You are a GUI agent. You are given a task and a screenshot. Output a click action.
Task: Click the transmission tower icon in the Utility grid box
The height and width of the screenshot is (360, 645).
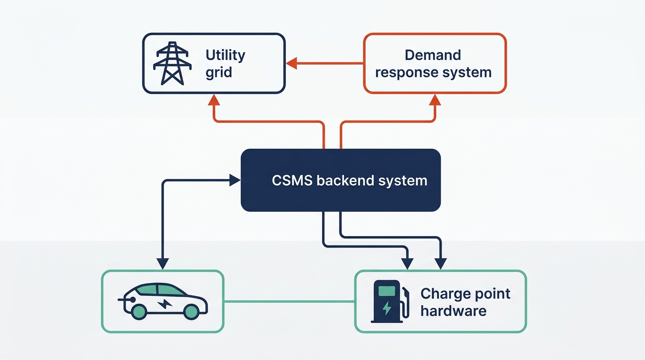tap(173, 63)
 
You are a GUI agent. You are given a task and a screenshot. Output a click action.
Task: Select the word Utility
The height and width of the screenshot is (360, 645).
tap(225, 55)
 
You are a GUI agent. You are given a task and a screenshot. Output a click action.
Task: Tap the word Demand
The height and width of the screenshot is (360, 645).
tap(433, 55)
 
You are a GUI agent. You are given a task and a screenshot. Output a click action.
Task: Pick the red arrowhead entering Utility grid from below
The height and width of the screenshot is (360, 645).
tap(214, 99)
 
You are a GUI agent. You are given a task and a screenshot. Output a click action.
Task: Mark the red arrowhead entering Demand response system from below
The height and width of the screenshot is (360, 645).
tap(435, 99)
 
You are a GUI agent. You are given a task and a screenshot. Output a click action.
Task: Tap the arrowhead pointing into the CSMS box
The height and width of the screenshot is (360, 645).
tap(235, 180)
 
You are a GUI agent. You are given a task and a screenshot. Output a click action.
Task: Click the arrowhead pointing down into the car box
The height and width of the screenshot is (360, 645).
tap(163, 264)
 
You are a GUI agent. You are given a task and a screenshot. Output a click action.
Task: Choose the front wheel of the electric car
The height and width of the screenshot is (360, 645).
tap(191, 311)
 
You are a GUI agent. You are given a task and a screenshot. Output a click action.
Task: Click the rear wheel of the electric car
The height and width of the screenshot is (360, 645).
tap(139, 311)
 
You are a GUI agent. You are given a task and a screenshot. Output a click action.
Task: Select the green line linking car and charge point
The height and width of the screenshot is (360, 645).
tap(289, 302)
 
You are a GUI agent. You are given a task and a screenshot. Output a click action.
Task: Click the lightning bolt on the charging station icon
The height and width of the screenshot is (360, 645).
tap(387, 308)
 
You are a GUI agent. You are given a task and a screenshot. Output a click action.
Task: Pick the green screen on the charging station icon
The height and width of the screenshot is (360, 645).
tap(386, 291)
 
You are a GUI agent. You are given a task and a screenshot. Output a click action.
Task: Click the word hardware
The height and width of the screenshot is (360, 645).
tap(453, 311)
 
